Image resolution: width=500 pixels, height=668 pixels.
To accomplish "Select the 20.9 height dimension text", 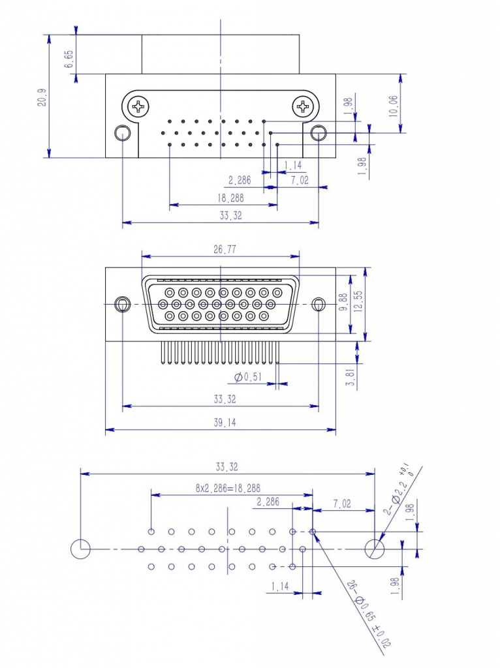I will pos(42,97).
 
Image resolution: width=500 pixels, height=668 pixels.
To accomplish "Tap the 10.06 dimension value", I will pos(393,104).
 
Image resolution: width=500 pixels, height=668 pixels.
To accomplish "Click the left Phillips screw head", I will pos(138,106).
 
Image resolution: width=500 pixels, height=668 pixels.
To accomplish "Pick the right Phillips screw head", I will pos(304,106).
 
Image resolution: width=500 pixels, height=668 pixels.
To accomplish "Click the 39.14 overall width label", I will pos(224,423).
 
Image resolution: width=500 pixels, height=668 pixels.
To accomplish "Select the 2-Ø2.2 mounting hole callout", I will pos(398,489).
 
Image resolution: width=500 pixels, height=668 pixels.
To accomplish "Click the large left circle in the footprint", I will pos(80,549).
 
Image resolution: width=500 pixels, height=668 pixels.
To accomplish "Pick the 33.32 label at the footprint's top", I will pos(227,467).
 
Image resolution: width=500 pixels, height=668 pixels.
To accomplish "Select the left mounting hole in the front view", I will pos(122,305).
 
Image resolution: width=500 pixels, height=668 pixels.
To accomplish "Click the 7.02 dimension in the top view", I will pos(300,181).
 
